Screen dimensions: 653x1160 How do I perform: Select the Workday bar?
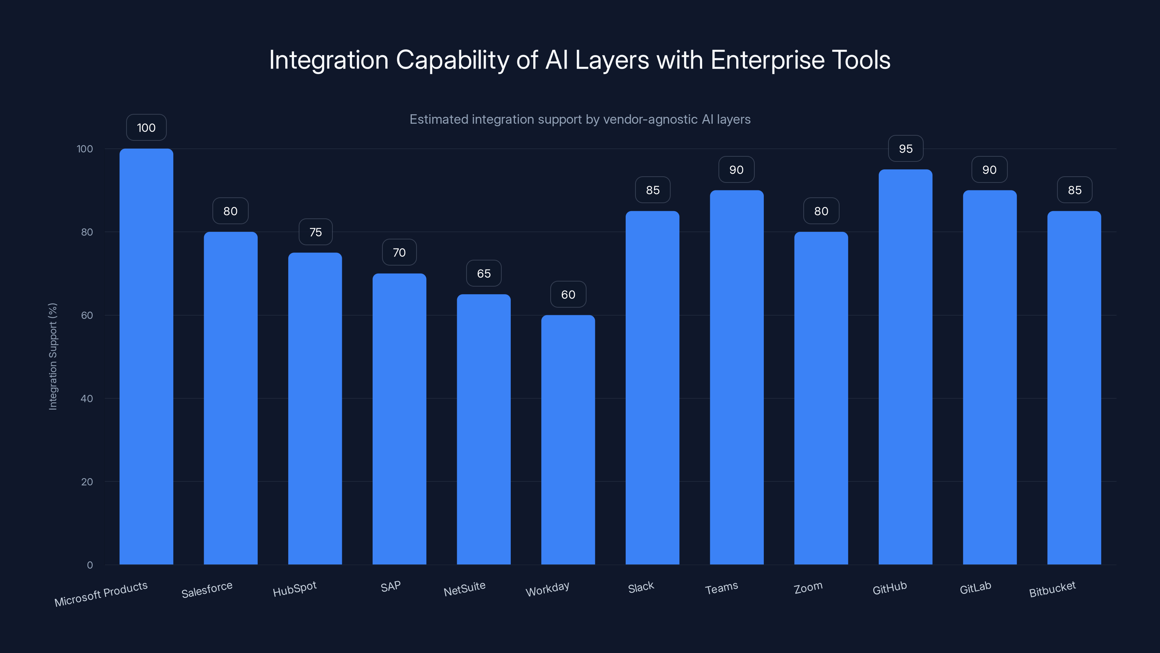[568, 439]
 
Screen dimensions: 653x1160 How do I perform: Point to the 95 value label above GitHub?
[905, 149]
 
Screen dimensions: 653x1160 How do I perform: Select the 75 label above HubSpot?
[315, 232]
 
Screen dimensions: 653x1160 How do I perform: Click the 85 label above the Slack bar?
[652, 190]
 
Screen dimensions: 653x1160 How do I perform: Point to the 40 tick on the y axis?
[87, 398]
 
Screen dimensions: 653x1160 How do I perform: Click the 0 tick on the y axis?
[90, 565]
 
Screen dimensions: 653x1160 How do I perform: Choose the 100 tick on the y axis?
[85, 149]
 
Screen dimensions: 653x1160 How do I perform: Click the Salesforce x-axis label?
[207, 590]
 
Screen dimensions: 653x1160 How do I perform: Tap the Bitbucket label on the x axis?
[1052, 589]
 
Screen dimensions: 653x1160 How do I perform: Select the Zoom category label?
[808, 588]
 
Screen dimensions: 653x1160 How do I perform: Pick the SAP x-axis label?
[390, 587]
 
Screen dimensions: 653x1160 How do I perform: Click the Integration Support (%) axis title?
[53, 356]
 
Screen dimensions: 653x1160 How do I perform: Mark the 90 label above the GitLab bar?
[989, 170]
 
